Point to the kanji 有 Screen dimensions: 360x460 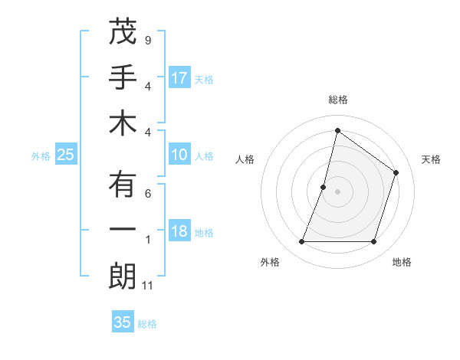click(123, 185)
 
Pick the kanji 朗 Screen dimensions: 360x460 click(123, 277)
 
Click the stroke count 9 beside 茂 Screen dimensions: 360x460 click(147, 40)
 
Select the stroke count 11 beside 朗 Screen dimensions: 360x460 click(149, 286)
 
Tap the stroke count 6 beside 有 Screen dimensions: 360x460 click(147, 194)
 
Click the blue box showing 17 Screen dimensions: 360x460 click(179, 78)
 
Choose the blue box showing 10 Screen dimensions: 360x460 click(179, 155)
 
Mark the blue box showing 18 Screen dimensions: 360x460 click(179, 232)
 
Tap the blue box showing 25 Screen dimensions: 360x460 click(65, 155)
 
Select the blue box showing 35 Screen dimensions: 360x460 click(123, 322)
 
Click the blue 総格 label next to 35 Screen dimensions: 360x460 click(147, 324)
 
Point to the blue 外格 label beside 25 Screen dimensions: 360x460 click(41, 156)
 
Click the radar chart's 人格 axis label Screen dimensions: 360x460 click(245, 159)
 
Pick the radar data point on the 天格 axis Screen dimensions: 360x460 click(396, 172)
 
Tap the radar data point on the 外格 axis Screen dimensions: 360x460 click(301, 242)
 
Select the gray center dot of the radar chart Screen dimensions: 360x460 click(337, 191)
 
